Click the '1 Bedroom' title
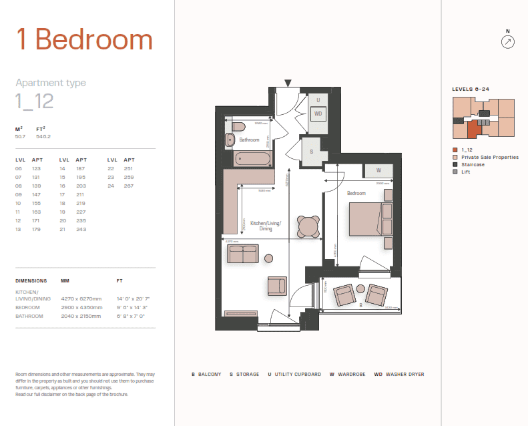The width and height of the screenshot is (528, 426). (84, 40)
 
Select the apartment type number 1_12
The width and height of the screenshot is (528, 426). (34, 101)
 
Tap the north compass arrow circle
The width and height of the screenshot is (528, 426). (508, 42)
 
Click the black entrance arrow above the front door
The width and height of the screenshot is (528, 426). (288, 83)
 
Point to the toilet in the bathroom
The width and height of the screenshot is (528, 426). (240, 126)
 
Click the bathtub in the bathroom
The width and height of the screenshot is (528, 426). (253, 159)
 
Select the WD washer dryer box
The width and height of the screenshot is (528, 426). (318, 114)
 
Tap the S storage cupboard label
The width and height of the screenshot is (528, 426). (312, 151)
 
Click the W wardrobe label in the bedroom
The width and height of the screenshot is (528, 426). (378, 170)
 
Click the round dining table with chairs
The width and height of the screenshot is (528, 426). (308, 227)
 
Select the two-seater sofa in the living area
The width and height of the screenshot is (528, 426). (242, 254)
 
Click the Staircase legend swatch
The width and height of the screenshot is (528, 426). (455, 164)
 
